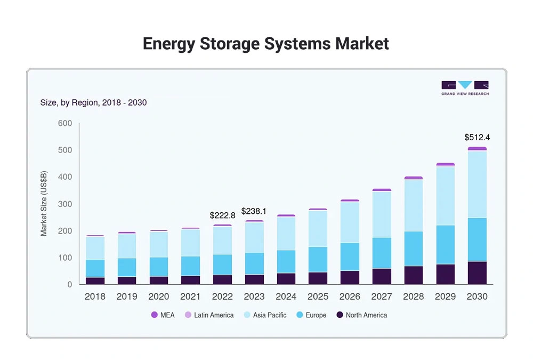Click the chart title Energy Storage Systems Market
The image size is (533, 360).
tap(266, 44)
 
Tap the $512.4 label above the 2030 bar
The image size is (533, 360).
tap(477, 138)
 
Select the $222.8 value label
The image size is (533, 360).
tap(222, 215)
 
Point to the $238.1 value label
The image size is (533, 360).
tap(254, 211)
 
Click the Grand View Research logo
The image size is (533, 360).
tap(465, 88)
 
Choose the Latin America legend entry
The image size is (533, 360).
tap(209, 315)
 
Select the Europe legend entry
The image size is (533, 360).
tap(311, 315)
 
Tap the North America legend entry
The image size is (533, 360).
tap(361, 315)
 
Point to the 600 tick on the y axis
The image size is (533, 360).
tap(64, 124)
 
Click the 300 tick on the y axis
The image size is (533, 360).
tap(64, 204)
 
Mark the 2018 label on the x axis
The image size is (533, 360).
tap(95, 297)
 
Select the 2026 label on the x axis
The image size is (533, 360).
tap(350, 297)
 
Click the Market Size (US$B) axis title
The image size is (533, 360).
tap(44, 204)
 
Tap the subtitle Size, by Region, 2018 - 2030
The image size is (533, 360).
tap(93, 102)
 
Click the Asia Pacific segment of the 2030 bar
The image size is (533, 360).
tap(477, 184)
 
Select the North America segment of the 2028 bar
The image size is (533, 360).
tap(413, 275)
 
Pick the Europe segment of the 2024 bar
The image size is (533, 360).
tap(286, 261)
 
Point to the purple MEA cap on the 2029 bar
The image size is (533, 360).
tap(445, 164)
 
